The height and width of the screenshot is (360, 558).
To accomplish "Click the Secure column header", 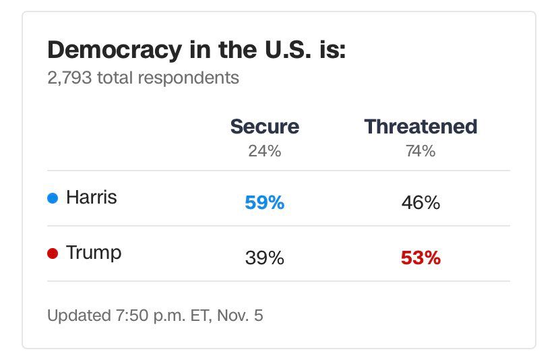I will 264,126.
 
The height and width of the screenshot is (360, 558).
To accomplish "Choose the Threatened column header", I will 421,126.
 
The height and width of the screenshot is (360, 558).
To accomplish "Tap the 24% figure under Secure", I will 264,151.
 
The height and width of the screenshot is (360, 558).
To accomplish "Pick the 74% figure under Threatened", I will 421,151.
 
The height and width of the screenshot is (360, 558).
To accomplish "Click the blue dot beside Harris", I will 53,198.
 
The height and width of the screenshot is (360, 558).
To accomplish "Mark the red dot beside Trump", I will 53,254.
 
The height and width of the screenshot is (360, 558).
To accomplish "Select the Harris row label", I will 91,198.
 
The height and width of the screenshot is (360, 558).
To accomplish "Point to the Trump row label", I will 94,253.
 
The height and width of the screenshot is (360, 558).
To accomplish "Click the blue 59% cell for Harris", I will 264,202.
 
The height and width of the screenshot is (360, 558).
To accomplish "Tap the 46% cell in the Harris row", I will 421,202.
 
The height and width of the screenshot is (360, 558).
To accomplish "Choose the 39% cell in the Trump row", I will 264,258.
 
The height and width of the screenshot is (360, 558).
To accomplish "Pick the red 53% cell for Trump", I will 421,258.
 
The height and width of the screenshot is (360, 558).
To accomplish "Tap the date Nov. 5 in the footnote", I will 240,316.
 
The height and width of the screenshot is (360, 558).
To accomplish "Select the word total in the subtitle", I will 116,78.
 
